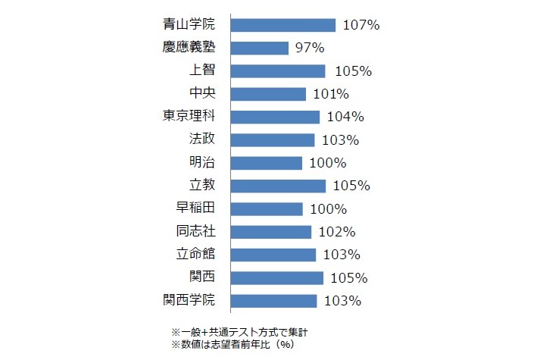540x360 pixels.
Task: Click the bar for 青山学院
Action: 282,25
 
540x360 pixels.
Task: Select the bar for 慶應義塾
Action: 259,49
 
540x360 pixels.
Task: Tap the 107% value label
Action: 361,25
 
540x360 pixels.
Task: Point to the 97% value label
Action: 310,49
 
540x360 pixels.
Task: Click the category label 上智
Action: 202,71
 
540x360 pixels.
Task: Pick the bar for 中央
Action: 268,94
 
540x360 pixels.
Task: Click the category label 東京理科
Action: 189,117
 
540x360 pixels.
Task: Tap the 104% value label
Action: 345,117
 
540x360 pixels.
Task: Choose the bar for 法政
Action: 272,140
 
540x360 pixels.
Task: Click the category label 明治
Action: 202,163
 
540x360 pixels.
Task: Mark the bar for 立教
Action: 278,186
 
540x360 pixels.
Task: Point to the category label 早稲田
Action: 195,208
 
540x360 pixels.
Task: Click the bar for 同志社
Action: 270,231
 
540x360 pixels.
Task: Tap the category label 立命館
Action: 195,254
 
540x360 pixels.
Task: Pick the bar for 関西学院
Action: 273,300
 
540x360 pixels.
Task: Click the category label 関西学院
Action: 189,300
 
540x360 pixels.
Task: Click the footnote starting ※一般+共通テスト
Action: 239,331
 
